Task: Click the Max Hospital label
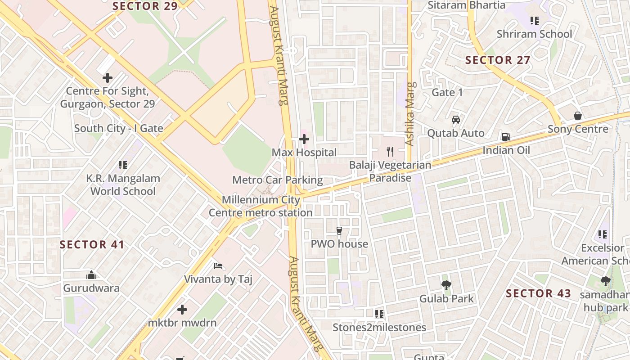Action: [x=304, y=153]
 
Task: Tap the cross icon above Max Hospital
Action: [x=304, y=139]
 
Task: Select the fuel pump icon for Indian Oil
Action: [x=506, y=137]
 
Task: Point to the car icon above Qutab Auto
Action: [x=456, y=120]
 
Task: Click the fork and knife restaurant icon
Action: [x=390, y=152]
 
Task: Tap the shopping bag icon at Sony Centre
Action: [x=578, y=116]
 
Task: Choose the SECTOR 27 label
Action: [x=498, y=60]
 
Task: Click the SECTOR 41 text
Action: [x=92, y=245]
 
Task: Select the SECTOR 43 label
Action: [x=539, y=294]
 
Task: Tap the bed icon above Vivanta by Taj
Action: [x=218, y=266]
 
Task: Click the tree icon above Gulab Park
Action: [x=446, y=285]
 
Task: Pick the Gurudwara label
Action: [x=91, y=288]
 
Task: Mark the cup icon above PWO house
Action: [x=339, y=231]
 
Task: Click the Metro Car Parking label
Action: [x=278, y=180]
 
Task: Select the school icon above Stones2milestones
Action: [x=379, y=314]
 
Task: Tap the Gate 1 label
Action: [x=447, y=92]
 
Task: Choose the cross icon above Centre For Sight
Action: [x=108, y=78]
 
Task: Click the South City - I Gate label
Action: [x=119, y=128]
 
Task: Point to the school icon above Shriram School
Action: [x=535, y=20]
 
